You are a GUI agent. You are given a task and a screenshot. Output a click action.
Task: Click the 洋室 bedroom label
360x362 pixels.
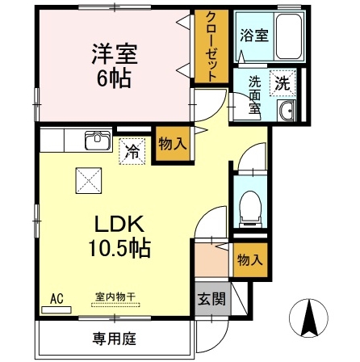click(x=115, y=54)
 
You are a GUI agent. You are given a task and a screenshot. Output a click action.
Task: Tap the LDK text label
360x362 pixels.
click(x=119, y=225)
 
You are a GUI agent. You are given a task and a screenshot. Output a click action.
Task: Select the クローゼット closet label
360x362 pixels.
click(x=211, y=47)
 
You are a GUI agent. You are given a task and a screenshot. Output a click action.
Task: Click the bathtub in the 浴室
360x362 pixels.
click(x=289, y=36)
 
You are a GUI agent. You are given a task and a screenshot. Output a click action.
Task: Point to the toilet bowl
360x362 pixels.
click(x=250, y=208)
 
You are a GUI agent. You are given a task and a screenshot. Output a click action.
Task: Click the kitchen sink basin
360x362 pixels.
click(x=98, y=140)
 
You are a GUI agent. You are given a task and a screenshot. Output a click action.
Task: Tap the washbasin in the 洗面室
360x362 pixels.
click(x=287, y=111)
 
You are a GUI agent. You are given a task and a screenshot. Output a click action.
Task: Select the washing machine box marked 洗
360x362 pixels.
click(x=283, y=83)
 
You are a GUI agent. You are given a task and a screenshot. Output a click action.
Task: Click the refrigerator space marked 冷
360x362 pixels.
click(x=132, y=151)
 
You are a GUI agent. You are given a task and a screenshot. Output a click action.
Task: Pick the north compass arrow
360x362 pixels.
click(x=308, y=318)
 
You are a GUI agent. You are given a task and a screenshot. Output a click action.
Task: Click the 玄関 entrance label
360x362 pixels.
click(x=211, y=298)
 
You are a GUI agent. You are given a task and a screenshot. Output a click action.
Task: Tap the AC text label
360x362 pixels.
click(x=57, y=299)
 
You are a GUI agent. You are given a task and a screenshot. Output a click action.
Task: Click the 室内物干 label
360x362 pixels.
click(x=115, y=297)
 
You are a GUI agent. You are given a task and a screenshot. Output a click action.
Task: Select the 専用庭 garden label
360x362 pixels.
click(x=115, y=339)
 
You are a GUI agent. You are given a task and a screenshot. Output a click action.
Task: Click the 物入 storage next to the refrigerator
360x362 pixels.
click(x=173, y=144)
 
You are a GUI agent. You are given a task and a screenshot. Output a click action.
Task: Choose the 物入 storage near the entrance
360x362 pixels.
click(x=250, y=260)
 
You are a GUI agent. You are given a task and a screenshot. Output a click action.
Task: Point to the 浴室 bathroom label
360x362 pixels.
click(x=254, y=36)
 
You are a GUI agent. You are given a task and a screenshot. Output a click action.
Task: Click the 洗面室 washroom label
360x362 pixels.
click(x=254, y=95)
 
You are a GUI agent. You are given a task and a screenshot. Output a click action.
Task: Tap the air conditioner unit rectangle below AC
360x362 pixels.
click(x=57, y=309)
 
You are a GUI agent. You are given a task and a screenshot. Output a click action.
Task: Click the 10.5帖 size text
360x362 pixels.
click(x=119, y=248)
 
